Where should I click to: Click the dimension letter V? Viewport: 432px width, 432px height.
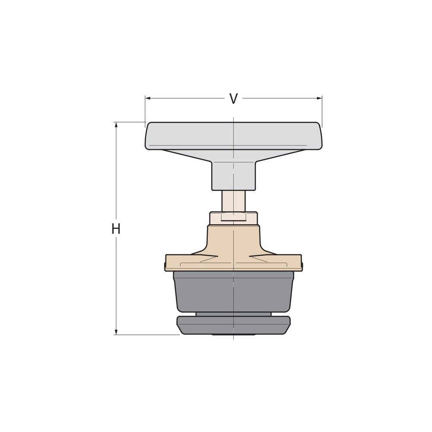tap(233, 99)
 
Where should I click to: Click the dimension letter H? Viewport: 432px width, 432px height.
tap(116, 229)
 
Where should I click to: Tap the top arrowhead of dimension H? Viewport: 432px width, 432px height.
tap(116, 125)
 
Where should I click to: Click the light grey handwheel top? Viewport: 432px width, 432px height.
tap(233, 135)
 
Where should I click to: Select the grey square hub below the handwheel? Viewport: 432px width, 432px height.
tap(233, 175)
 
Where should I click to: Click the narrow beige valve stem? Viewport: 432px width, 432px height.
tap(233, 201)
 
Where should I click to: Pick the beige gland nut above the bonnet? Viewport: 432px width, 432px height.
tap(233, 218)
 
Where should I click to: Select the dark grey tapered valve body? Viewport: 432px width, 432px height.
tap(233, 292)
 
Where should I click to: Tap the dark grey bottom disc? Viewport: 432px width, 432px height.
tap(233, 325)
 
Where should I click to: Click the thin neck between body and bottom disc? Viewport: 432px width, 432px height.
tap(233, 314)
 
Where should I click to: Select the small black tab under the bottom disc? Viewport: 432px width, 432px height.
tap(233, 335)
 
